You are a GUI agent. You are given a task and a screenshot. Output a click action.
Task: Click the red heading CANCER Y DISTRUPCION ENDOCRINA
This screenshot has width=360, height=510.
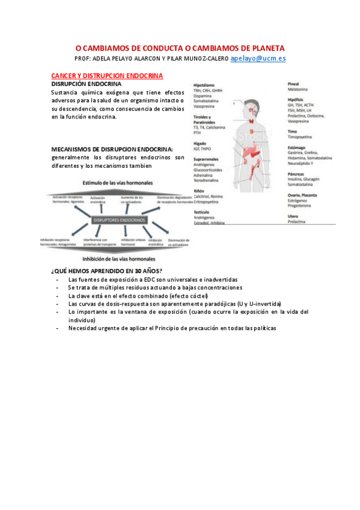tap(108, 76)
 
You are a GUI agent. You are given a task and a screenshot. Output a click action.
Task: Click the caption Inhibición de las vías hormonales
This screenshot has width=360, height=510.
tap(119, 259)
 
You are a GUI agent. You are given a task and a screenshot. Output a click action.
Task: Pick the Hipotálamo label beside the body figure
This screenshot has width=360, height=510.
tap(204, 85)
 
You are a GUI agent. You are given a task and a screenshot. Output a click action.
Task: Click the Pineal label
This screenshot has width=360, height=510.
tap(294, 83)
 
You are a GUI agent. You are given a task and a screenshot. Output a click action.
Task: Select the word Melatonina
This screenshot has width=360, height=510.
tap(300, 88)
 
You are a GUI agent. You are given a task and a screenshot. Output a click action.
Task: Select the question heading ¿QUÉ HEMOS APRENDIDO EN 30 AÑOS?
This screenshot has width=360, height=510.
tap(107, 271)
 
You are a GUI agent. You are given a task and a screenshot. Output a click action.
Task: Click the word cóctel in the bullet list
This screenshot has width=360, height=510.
tap(197, 296)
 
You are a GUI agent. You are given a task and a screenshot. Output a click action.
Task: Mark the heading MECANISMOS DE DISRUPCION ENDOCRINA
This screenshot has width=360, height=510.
tap(112, 149)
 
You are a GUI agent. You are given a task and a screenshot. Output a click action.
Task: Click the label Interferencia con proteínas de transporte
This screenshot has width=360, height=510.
tap(99, 241)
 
